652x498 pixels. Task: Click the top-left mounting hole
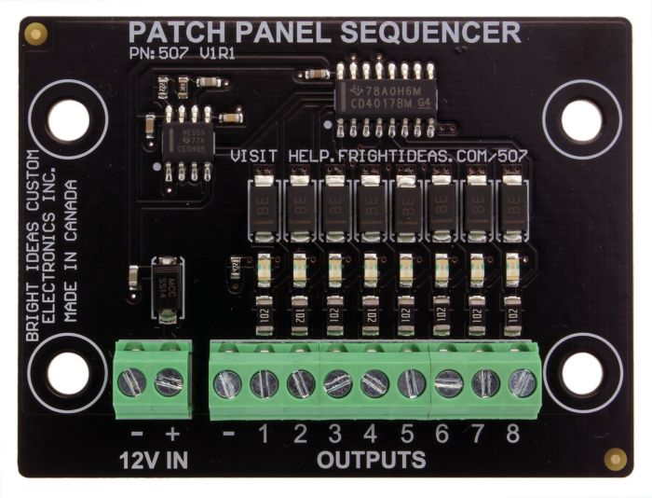(x=69, y=120)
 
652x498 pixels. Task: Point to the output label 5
(x=407, y=433)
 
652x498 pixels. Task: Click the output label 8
(x=511, y=433)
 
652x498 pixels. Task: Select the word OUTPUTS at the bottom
(x=372, y=460)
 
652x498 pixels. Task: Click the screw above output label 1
(x=264, y=382)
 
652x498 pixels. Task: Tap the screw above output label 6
(x=448, y=382)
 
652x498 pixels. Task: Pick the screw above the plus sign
(x=169, y=381)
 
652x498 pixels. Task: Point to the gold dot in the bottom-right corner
(x=615, y=458)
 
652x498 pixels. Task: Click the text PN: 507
(x=158, y=54)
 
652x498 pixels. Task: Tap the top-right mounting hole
(x=581, y=120)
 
